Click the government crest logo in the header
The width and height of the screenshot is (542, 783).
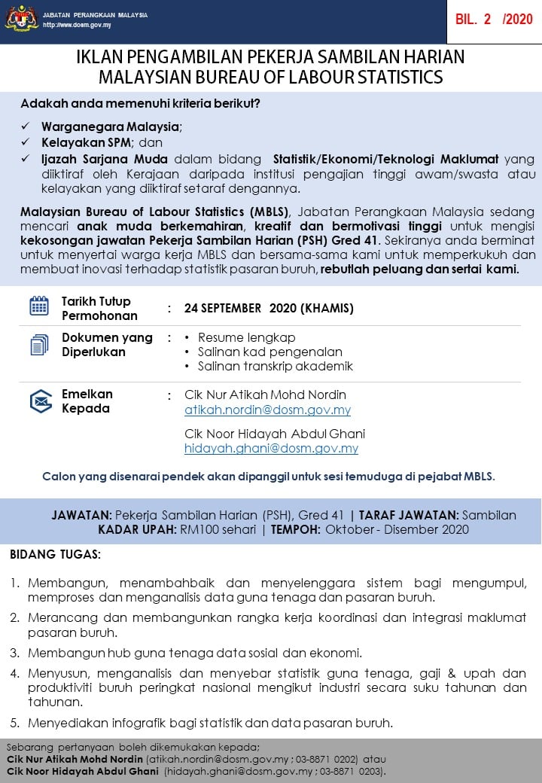coord(21,19)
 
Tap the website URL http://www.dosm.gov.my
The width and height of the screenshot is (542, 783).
coord(78,25)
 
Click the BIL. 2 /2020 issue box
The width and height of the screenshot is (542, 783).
coord(493,20)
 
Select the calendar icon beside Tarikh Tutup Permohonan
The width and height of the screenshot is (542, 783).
coord(39,306)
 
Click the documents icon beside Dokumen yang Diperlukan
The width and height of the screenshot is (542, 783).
coord(39,345)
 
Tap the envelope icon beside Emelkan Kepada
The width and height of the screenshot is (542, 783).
coord(41,401)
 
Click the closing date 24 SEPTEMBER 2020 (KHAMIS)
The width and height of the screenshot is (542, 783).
coord(269,308)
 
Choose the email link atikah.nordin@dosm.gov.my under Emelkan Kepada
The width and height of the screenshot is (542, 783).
coord(267,410)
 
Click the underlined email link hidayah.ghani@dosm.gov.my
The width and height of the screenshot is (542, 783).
coord(271,449)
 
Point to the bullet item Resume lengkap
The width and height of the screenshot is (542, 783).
coord(246,337)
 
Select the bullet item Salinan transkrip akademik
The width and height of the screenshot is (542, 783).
coord(275,367)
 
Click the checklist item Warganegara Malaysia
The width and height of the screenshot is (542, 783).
coord(111,126)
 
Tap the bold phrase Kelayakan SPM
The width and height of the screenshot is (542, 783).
coord(87,142)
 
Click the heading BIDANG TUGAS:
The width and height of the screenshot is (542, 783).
coord(55,555)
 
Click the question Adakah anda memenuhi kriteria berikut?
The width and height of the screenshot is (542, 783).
coord(141,103)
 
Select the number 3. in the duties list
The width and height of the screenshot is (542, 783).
coord(15,652)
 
